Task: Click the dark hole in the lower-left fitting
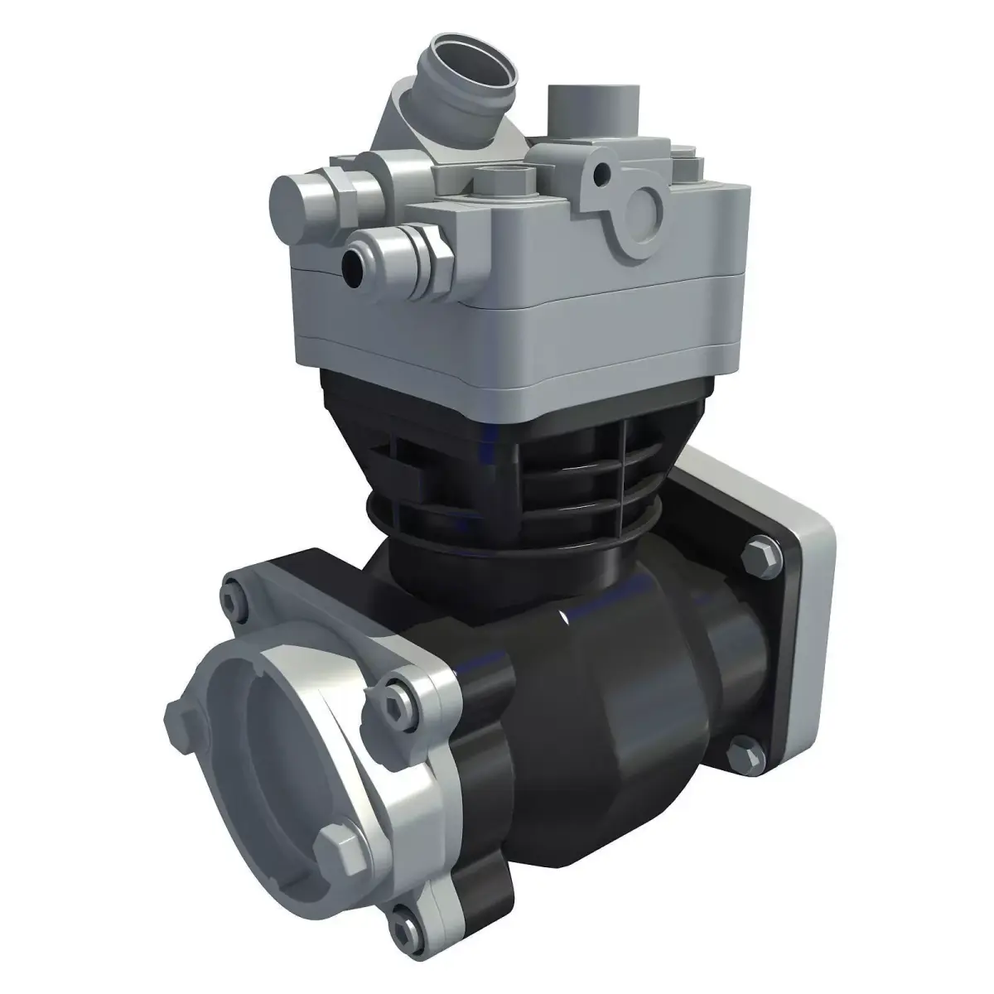click(x=355, y=263)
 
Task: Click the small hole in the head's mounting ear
click(x=607, y=172)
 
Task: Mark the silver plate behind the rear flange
click(x=816, y=580)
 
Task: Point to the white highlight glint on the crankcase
click(x=563, y=616)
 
